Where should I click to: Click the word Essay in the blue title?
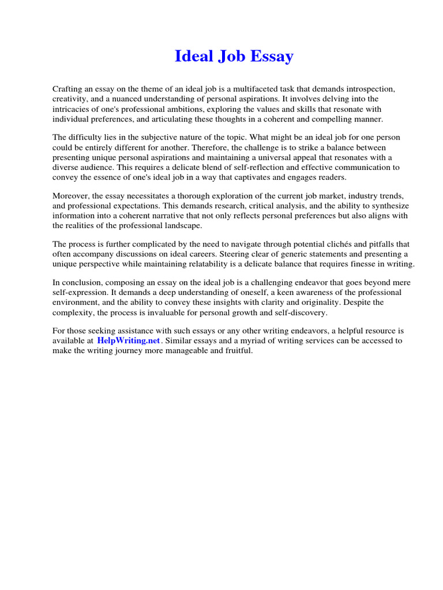271,57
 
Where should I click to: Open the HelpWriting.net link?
129,341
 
